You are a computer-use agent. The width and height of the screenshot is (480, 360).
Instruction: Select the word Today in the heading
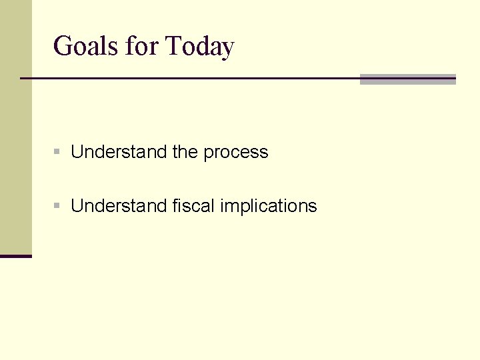(199, 47)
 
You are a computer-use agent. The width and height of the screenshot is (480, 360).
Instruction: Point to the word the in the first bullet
(185, 152)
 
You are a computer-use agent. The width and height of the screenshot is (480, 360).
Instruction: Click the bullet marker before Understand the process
(58, 153)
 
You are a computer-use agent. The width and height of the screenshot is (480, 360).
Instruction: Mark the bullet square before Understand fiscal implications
(58, 207)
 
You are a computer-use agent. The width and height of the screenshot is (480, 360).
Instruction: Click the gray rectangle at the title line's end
(407, 79)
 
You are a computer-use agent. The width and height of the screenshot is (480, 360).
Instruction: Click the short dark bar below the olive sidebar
(15, 256)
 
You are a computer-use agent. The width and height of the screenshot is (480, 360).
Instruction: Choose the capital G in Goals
(62, 47)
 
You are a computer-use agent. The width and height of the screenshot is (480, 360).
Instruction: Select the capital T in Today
(173, 47)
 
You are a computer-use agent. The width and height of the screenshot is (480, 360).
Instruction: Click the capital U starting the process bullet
(77, 152)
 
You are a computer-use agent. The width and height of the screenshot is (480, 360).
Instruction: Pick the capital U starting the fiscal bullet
(77, 206)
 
